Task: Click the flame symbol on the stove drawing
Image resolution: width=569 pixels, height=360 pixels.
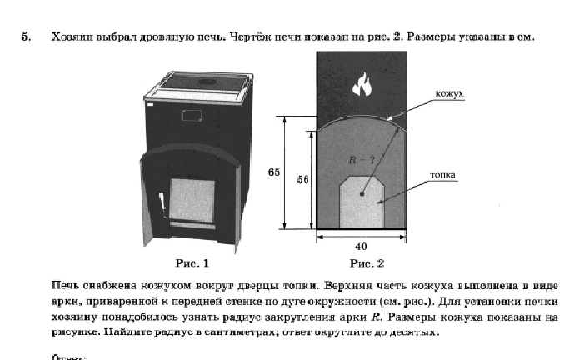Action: pyautogui.click(x=362, y=83)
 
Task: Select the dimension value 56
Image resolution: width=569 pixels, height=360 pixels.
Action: pyautogui.click(x=302, y=179)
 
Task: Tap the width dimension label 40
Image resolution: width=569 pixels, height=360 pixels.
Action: pyautogui.click(x=360, y=247)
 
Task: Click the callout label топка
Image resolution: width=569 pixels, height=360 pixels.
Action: pyautogui.click(x=442, y=176)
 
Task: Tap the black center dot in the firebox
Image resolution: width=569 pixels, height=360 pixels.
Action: pyautogui.click(x=362, y=192)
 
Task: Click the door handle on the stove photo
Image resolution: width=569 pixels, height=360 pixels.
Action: pyautogui.click(x=162, y=201)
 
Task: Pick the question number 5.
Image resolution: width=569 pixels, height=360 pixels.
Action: pyautogui.click(x=26, y=37)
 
